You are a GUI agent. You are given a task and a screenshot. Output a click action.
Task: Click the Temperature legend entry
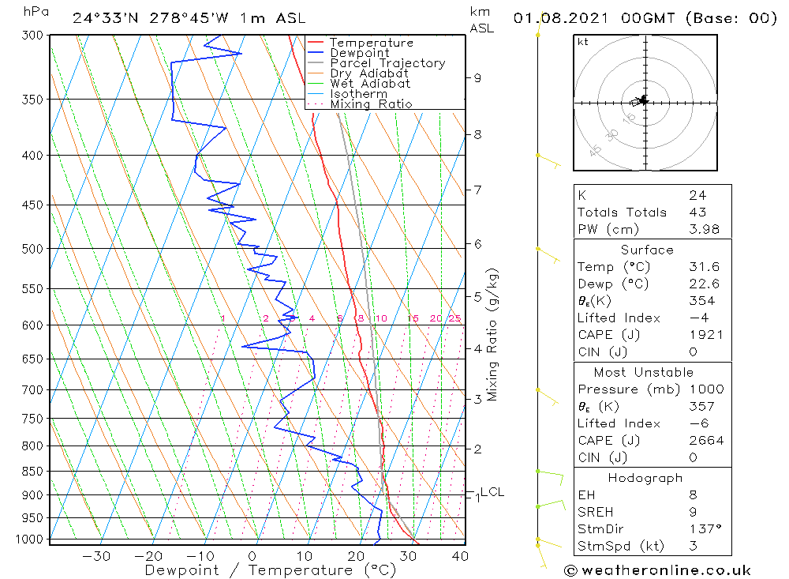pos(371,43)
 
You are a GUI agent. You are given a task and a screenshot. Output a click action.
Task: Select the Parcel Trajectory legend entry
pos(387,63)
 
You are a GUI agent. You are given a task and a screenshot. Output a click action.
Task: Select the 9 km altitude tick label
pos(477,77)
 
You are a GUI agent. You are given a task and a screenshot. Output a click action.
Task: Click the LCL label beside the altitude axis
pos(492,491)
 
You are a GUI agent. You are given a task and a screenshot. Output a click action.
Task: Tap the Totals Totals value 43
pos(697,212)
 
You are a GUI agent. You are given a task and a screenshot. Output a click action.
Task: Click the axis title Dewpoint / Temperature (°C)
pos(270,570)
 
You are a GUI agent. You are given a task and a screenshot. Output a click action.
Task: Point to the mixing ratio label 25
pos(454,318)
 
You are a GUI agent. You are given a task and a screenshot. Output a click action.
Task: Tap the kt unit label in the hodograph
pos(582,42)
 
